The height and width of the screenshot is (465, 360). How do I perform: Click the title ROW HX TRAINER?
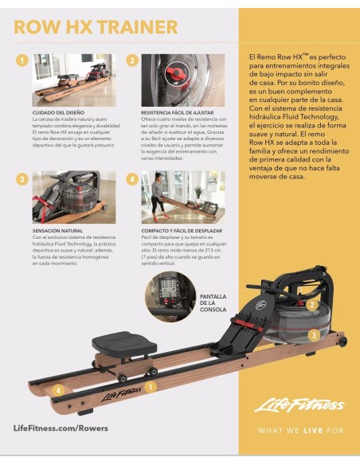pyautogui.click(x=95, y=28)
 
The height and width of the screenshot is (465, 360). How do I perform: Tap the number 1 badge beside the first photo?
pyautogui.click(x=22, y=61)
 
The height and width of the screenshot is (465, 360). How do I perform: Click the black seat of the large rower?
pyautogui.click(x=120, y=342)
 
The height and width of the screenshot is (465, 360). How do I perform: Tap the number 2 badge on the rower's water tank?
pyautogui.click(x=312, y=304)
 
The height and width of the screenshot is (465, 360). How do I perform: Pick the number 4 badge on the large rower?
pyautogui.click(x=57, y=390)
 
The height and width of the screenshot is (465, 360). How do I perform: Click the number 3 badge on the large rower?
pyautogui.click(x=314, y=336)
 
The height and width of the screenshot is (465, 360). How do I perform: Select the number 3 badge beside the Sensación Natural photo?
pyautogui.click(x=22, y=178)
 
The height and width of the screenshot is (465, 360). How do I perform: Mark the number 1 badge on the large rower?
pyautogui.click(x=151, y=385)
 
